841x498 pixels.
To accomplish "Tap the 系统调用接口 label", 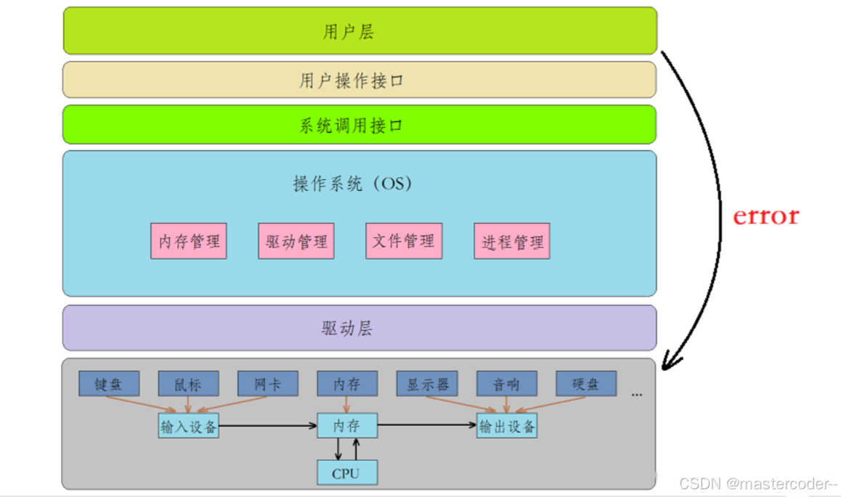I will click(351, 126).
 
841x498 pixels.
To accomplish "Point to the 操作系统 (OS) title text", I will click(352, 184).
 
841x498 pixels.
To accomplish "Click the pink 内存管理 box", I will click(189, 241).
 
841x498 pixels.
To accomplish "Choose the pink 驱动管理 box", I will click(296, 241).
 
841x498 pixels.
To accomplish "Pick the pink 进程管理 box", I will click(512, 241).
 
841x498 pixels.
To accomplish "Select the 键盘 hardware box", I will click(109, 384).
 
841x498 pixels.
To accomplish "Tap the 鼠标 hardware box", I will click(189, 384).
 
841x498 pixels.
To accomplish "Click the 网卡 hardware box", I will click(268, 384).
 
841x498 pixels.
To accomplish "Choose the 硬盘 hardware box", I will click(586, 384).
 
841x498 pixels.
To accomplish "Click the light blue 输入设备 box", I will click(189, 426).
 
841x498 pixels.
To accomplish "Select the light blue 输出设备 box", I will click(507, 426).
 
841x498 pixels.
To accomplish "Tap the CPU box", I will click(347, 473).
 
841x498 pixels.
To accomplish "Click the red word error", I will click(765, 216).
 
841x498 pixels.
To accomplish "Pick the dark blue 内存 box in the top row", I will click(347, 384).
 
